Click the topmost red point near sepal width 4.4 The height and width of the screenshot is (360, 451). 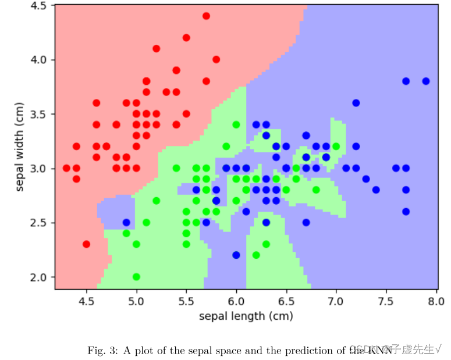point(206,16)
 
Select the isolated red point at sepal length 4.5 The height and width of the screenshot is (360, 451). point(86,244)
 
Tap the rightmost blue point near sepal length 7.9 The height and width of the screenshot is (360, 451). point(426,81)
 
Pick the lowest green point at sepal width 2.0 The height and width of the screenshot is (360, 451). point(136,277)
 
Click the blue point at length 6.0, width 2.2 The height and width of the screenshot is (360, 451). point(236,255)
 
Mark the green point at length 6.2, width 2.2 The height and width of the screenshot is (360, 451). point(256,255)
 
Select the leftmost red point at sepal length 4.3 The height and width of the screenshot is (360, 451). point(66,168)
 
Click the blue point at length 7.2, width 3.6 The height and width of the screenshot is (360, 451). point(356,103)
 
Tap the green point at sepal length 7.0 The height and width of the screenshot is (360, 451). point(336,147)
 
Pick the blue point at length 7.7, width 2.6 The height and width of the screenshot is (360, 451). point(406,212)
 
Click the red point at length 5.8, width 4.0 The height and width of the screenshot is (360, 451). point(216,59)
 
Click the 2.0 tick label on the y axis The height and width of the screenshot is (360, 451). point(39,277)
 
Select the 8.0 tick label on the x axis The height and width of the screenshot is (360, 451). point(436,302)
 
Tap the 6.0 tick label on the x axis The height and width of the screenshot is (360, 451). point(236,302)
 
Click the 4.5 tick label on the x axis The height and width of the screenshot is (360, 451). point(86,302)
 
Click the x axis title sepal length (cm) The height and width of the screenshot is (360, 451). point(246,316)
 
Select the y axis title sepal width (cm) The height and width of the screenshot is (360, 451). point(20,148)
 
